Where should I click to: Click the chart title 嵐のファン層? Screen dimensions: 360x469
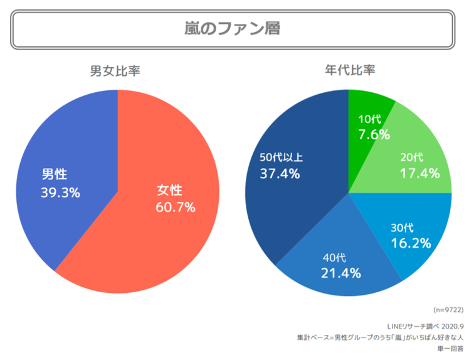(x=232, y=28)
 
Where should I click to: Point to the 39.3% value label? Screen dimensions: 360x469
(x=61, y=193)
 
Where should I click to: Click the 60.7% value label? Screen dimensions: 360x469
(x=176, y=207)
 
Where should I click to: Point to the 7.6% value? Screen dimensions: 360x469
(x=374, y=134)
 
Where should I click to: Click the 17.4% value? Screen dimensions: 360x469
(x=419, y=173)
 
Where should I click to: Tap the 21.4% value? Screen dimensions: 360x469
(x=341, y=273)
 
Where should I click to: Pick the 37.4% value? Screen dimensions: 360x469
(x=280, y=173)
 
